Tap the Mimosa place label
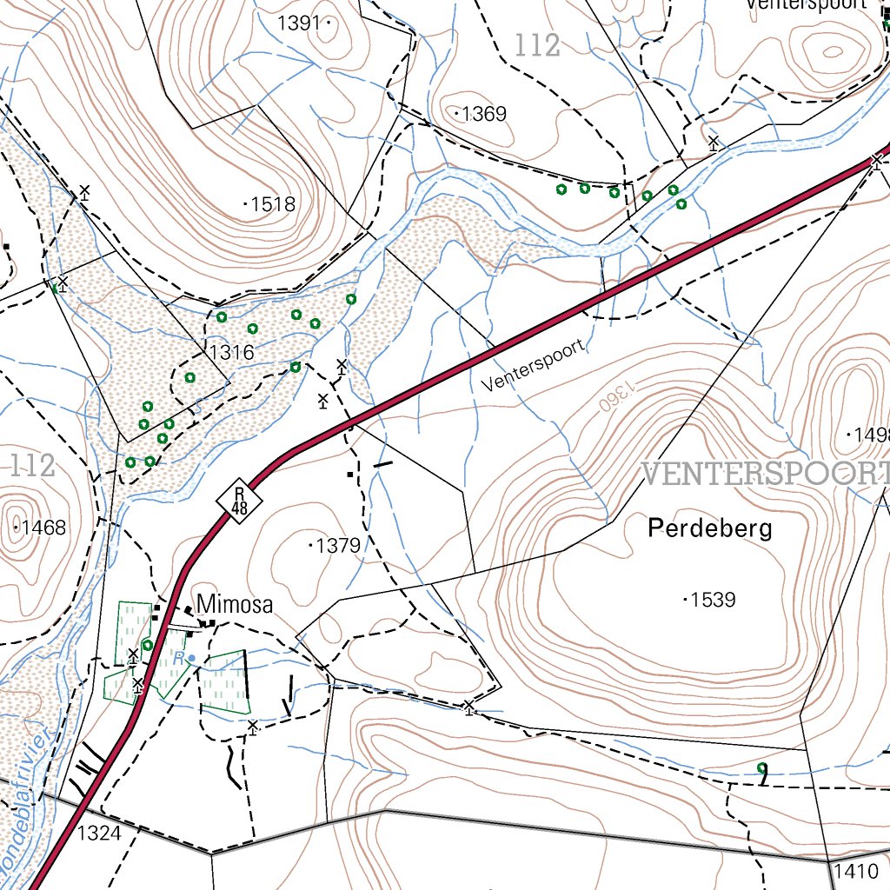pyautogui.click(x=235, y=604)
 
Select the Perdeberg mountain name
pyautogui.click(x=710, y=528)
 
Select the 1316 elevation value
pyautogui.click(x=231, y=352)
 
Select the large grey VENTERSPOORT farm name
pyautogui.click(x=765, y=474)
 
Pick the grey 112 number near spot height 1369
pyautogui.click(x=537, y=45)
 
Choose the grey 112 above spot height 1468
pyautogui.click(x=32, y=466)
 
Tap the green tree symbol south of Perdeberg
pyautogui.click(x=762, y=768)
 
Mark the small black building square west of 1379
pyautogui.click(x=350, y=475)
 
